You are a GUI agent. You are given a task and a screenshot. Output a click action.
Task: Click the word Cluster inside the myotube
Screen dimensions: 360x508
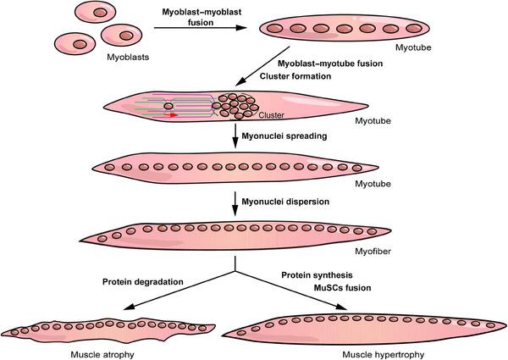pos(270,116)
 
